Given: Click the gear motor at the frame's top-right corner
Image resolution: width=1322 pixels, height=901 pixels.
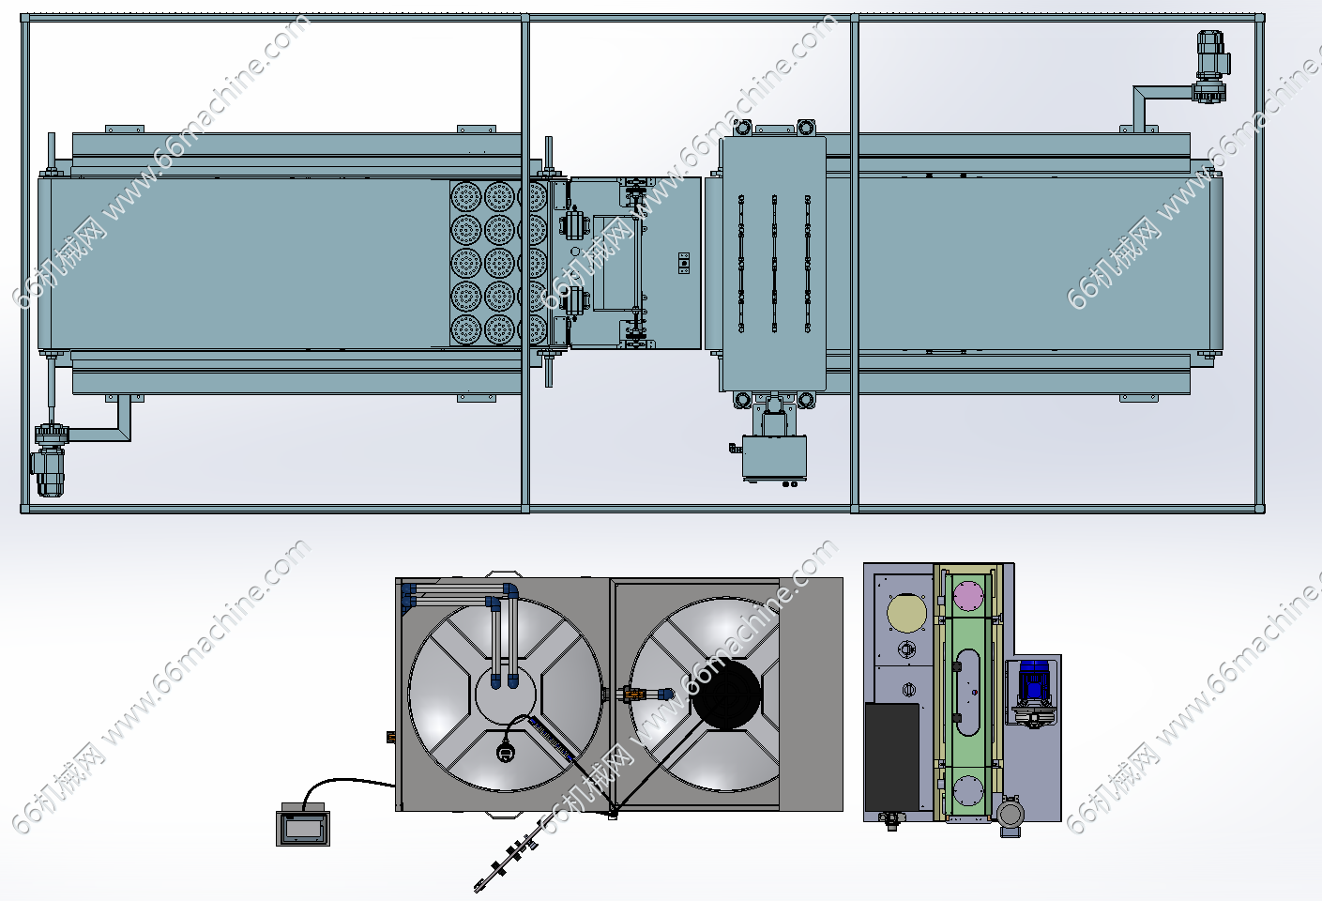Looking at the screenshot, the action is pos(1211,68).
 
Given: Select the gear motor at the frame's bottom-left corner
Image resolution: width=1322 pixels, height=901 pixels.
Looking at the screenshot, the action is pos(50,459).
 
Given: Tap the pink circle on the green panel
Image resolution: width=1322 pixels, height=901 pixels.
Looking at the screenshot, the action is pos(968,596).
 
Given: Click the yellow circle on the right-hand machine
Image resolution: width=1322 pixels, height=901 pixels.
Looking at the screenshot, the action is pos(906,614).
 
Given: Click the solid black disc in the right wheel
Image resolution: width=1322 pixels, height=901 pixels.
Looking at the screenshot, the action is pos(726,695).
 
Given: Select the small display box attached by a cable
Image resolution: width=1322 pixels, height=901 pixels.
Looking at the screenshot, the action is pos(303,824).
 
